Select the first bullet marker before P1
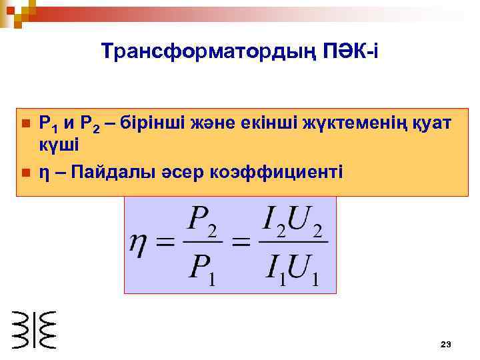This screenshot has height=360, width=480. [25, 124]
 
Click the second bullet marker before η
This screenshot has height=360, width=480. [25, 173]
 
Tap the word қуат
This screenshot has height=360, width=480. [430, 123]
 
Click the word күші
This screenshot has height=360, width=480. [59, 145]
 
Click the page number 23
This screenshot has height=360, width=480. [446, 344]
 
